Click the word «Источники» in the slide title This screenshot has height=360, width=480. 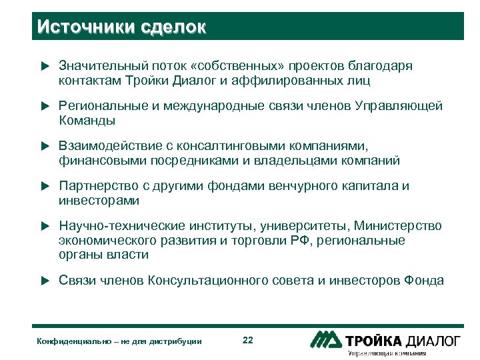point(86,27)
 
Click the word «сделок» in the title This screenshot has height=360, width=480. point(174,27)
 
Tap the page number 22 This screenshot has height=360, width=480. point(248,341)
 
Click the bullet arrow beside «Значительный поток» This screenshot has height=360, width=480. point(45,67)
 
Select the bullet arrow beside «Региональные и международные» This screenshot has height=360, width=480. point(45,107)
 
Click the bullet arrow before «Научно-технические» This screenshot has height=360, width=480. point(45,227)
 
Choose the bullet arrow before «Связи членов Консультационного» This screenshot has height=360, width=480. point(45,281)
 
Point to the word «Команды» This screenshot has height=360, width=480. point(87,121)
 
